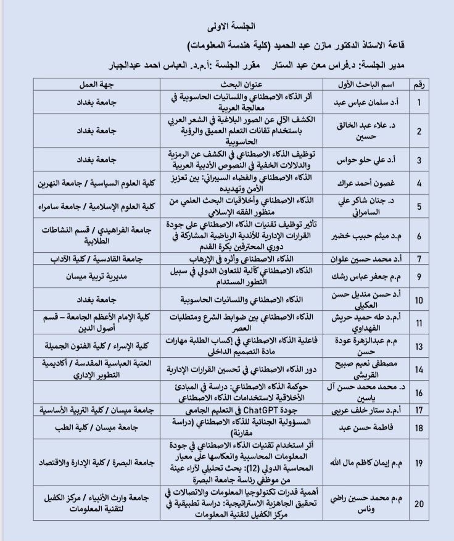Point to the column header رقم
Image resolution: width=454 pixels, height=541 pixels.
coord(419,84)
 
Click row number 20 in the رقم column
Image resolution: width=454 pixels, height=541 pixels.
coord(419,504)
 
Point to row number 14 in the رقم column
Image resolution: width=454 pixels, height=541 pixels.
coord(419,370)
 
